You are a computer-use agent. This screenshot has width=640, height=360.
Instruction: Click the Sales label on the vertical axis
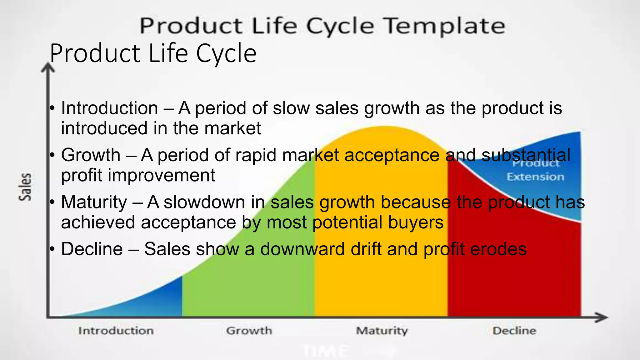point(25,187)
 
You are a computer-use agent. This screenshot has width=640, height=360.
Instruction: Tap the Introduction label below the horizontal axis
point(116,331)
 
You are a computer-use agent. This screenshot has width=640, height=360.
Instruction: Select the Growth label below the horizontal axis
point(249,331)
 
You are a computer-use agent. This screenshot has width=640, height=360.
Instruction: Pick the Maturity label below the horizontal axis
point(382,331)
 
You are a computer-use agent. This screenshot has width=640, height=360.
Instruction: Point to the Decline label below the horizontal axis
point(514,331)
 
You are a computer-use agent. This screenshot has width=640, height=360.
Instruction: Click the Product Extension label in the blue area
point(535,170)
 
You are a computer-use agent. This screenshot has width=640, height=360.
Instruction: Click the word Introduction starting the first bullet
point(109,108)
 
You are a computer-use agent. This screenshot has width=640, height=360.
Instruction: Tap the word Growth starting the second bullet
point(91,155)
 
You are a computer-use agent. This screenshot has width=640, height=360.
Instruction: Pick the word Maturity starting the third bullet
point(94,202)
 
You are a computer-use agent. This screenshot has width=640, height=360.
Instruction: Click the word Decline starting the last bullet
point(92,249)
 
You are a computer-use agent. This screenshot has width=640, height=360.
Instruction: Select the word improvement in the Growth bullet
point(162,175)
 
